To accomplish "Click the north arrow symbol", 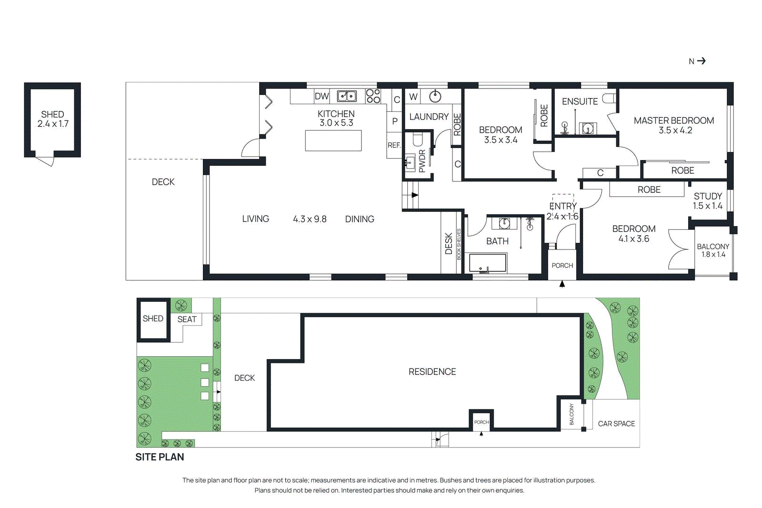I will pos(701,61).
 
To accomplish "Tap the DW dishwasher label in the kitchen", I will pos(321,96).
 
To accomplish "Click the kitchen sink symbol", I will pos(347,96).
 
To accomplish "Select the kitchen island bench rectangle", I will pos(333,140).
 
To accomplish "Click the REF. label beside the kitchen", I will pos(394,145).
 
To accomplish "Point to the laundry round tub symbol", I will pos(435,97).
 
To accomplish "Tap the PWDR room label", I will pos(422,161).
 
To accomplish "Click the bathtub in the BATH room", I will pos(487,263).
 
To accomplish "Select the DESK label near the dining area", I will pos(449,243).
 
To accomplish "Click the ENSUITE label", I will pos(580,101).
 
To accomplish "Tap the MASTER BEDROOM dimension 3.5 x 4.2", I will pos(675,130).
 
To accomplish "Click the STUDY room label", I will pos(707,196).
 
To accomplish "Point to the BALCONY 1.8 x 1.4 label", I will pos(713,250).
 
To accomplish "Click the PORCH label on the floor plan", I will pos(562,266).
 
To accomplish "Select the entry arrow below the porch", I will pos(562,284).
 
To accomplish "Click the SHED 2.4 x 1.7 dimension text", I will pos(53,124).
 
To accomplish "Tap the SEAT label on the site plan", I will pos(187,319).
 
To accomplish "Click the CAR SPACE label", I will pos(616,424).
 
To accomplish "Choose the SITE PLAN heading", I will pos(160,457).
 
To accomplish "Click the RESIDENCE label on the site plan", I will pos(432,372).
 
